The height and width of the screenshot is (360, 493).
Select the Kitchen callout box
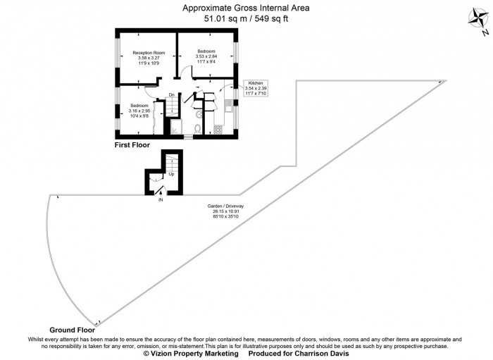(256, 88)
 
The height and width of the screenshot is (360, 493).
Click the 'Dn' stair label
(171, 95)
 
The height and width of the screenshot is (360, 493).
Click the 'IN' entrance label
(161, 200)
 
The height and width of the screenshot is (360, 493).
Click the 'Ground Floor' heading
(72, 330)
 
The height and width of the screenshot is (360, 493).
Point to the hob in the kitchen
(218, 129)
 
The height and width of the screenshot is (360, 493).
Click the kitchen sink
(229, 107)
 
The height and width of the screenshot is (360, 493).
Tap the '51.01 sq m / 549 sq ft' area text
(246, 19)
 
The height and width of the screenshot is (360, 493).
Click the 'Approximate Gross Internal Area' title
(246, 8)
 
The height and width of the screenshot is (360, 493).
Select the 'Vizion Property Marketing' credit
(191, 354)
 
